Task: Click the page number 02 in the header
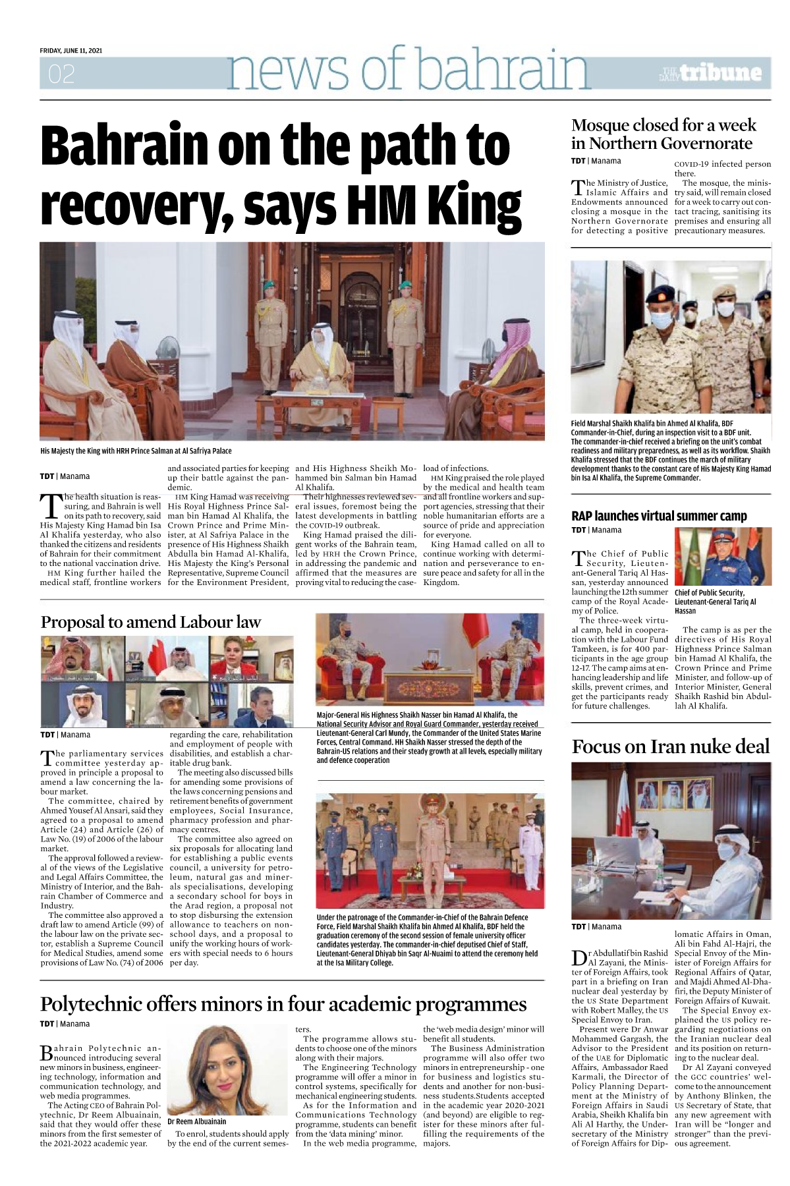(61, 74)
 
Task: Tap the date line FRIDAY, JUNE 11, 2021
(71, 51)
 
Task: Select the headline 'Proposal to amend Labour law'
(151, 622)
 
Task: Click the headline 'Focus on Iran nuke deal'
(671, 747)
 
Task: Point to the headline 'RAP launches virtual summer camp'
(659, 516)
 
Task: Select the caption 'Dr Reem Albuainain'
(196, 1121)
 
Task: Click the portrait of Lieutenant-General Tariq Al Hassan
(723, 557)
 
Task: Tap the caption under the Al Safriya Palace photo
(136, 451)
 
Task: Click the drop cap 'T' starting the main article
(51, 506)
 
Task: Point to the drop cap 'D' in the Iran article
(579, 959)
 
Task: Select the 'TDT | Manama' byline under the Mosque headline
(596, 161)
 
